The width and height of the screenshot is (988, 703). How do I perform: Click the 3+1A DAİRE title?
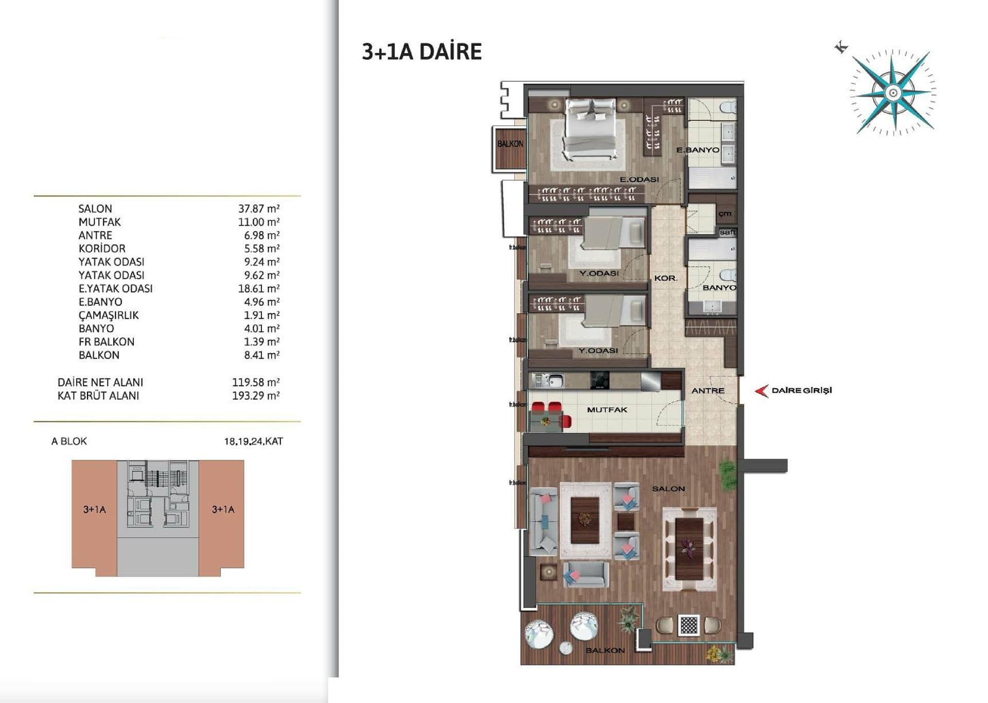coord(421,52)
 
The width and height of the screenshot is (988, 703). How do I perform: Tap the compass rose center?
coord(893,93)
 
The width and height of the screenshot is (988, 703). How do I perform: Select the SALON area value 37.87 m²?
coord(258,209)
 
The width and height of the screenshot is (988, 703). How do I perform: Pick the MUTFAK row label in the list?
coord(99,222)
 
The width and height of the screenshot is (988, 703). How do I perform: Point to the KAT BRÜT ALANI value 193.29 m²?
coord(255,396)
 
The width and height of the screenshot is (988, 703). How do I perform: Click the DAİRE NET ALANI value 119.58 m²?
coord(255,382)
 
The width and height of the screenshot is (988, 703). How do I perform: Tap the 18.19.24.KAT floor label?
coord(253,441)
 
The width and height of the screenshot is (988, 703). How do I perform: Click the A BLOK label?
coord(69,441)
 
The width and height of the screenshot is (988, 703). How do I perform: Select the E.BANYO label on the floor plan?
coord(697,150)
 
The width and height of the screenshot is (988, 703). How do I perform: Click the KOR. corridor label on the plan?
coord(665,278)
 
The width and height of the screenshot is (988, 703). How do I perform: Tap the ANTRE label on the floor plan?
coord(708,391)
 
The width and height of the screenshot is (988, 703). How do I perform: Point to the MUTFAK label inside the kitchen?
coord(607,410)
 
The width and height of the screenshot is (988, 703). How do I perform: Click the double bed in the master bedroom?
coord(591,129)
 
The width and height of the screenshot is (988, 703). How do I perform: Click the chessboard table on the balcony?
coord(689,625)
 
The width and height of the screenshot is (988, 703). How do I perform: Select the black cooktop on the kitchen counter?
coord(599,381)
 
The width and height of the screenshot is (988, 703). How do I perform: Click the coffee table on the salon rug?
coord(585,520)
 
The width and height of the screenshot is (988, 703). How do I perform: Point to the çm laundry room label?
coord(725,214)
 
